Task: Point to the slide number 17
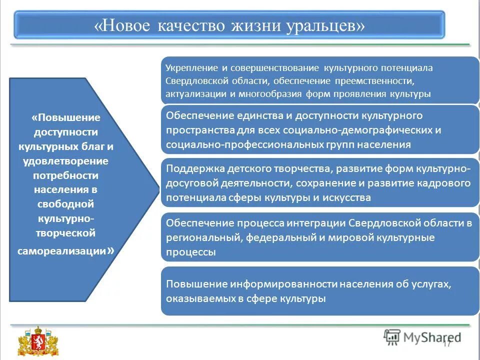click(x=446, y=343)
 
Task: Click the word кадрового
click(x=447, y=183)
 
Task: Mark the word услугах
click(x=432, y=284)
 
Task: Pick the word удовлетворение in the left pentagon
click(x=65, y=161)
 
